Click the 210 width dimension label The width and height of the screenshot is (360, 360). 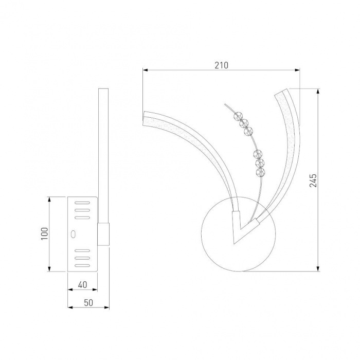(222, 65)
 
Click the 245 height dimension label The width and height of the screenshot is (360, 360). (313, 181)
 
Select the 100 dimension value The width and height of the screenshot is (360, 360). (45, 233)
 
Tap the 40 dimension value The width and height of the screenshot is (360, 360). (82, 285)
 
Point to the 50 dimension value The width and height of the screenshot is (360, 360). (88, 303)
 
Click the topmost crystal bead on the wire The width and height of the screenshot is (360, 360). (238, 116)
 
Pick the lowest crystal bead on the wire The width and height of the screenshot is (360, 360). (260, 172)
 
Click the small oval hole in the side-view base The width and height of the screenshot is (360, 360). (73, 234)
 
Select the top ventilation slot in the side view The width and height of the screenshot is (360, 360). (82, 203)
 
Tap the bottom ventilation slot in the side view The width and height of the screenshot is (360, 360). (82, 266)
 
